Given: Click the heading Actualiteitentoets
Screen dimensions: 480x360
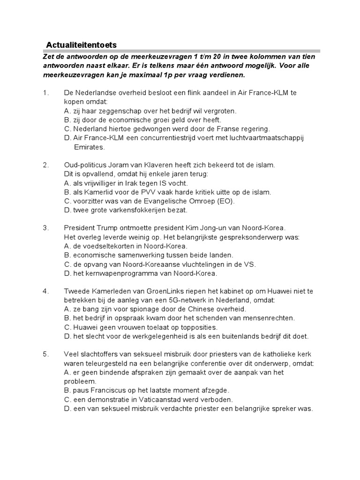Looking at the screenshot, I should tap(81, 45).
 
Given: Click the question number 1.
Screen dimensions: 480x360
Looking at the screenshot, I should tap(46, 93).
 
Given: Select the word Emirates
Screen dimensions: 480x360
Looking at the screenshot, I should tap(90, 147).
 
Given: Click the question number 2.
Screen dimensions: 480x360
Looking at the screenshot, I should tap(46, 165).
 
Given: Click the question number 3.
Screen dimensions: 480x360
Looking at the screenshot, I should tap(46, 228).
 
